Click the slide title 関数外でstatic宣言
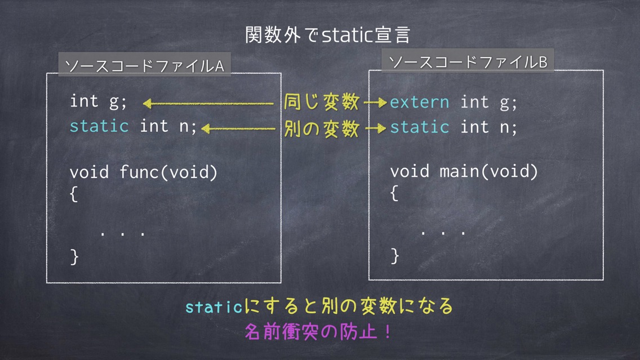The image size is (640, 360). (327, 35)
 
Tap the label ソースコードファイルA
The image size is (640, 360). (144, 66)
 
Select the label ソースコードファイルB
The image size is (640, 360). (468, 62)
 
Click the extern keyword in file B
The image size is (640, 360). (419, 103)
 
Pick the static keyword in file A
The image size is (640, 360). (99, 126)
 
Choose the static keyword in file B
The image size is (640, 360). (420, 127)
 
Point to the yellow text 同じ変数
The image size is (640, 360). (322, 102)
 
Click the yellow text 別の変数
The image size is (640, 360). (322, 128)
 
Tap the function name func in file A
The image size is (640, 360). (139, 172)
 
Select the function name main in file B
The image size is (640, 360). (460, 171)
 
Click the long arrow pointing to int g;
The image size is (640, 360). (208, 104)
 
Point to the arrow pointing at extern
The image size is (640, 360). (375, 103)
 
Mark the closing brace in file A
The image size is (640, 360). (74, 257)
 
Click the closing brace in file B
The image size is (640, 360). (394, 256)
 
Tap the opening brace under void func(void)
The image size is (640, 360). (73, 194)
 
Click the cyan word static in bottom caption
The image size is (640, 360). (214, 307)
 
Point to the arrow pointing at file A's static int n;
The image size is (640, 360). (239, 129)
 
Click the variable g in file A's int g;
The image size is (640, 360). (114, 102)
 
